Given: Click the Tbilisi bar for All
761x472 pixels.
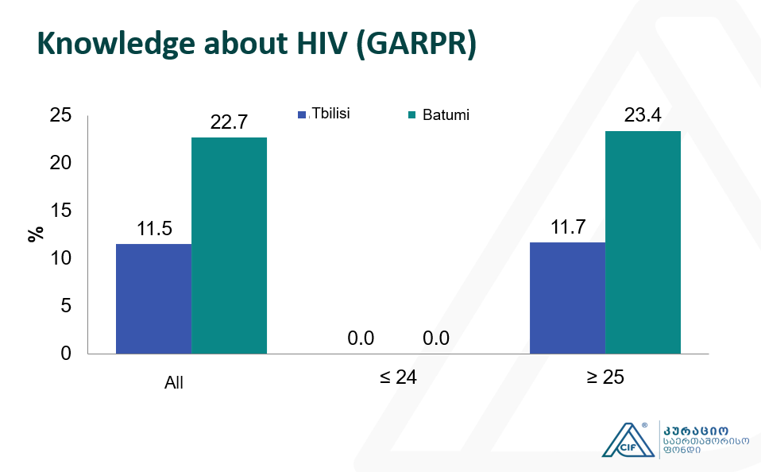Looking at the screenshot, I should tap(153, 298).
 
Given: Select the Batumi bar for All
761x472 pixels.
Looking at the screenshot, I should tap(229, 245).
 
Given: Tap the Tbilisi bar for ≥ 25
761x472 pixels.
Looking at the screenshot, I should tap(567, 297).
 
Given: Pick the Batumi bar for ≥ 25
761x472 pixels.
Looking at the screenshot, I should tap(643, 242).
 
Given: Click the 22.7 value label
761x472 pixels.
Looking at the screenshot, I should tap(229, 122).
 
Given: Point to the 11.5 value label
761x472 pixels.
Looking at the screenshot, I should tap(154, 229).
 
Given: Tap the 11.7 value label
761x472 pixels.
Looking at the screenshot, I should tap(567, 227).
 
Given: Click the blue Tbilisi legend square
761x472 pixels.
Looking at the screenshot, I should tap(302, 114).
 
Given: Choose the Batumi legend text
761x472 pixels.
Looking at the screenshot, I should tap(446, 114).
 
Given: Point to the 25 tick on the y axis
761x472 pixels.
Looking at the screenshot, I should tap(61, 116).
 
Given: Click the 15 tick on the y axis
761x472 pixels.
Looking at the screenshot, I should tap(61, 211).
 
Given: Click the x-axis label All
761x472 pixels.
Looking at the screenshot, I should tap(174, 383).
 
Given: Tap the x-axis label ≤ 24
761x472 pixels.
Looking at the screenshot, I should tap(398, 377).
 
